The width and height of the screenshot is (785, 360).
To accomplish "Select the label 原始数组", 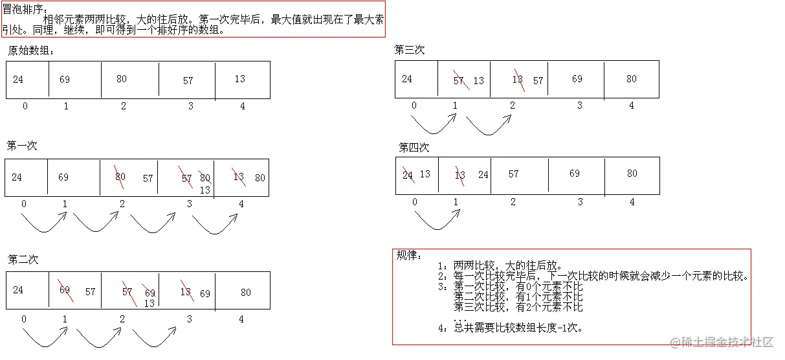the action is pyautogui.click(x=31, y=51).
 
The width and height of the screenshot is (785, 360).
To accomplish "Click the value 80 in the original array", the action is pyautogui.click(x=122, y=79).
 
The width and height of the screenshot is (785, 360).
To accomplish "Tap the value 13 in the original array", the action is pyautogui.click(x=240, y=79).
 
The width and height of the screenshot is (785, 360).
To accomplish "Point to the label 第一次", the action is pyautogui.click(x=22, y=146).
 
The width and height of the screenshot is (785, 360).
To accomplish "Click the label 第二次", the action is pyautogui.click(x=23, y=260).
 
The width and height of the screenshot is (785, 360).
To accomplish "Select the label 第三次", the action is pyautogui.click(x=410, y=50).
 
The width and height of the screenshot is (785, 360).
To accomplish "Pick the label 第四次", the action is pyautogui.click(x=414, y=148).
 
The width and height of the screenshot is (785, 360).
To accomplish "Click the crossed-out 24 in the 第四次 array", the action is pyautogui.click(x=408, y=174).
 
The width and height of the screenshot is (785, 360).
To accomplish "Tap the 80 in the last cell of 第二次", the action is pyautogui.click(x=246, y=292).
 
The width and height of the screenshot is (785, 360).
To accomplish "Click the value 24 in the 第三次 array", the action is pyautogui.click(x=406, y=79).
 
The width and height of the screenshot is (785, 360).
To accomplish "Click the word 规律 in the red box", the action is pyautogui.click(x=408, y=256).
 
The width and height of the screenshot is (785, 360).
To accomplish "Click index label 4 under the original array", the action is pyautogui.click(x=243, y=106).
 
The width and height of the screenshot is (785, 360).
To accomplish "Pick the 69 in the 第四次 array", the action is pyautogui.click(x=575, y=174).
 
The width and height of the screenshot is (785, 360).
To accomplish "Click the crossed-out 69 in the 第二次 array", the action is pyautogui.click(x=65, y=290).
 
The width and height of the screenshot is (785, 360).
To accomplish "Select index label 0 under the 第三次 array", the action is pyautogui.click(x=414, y=106).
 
